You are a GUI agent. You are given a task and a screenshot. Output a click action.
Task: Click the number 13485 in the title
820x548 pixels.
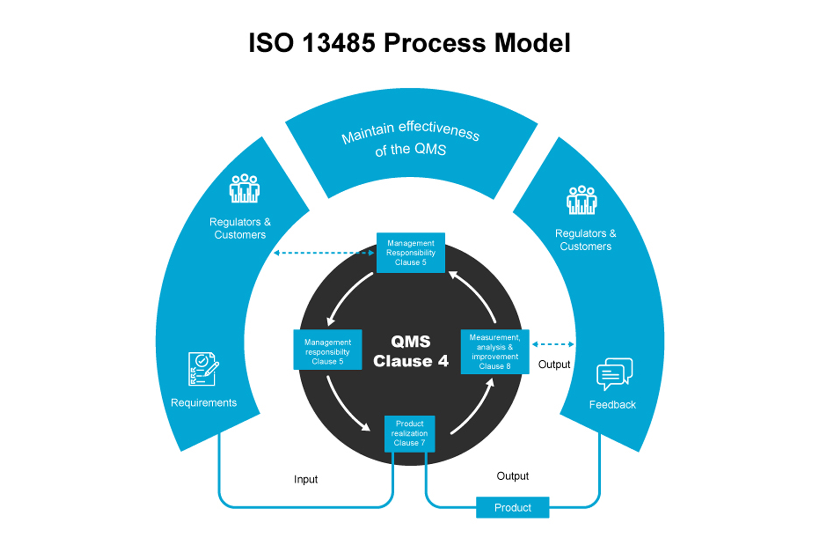[338, 43]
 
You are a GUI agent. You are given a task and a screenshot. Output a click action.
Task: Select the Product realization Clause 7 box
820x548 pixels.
[409, 434]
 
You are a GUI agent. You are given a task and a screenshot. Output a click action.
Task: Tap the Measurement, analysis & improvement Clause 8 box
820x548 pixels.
[495, 351]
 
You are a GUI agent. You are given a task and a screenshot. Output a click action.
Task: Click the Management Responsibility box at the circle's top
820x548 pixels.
[411, 252]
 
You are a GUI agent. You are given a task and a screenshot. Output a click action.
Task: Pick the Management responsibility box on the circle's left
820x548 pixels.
[327, 350]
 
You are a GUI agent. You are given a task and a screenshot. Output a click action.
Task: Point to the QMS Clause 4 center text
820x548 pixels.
[411, 351]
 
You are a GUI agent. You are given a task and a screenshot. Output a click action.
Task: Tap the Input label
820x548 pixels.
[306, 479]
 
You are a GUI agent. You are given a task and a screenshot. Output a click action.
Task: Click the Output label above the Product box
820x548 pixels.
[512, 476]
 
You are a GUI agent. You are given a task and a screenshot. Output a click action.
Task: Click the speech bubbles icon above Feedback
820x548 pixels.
[614, 374]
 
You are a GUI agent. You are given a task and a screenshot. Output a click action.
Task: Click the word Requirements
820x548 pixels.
[203, 403]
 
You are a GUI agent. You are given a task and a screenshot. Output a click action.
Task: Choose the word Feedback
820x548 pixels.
[612, 405]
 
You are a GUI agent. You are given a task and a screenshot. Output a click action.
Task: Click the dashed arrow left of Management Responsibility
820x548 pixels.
[324, 253]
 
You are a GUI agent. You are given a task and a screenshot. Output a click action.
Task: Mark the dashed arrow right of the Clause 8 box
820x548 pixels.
[553, 344]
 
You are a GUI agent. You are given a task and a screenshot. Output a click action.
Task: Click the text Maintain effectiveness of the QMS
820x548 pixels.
[411, 139]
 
